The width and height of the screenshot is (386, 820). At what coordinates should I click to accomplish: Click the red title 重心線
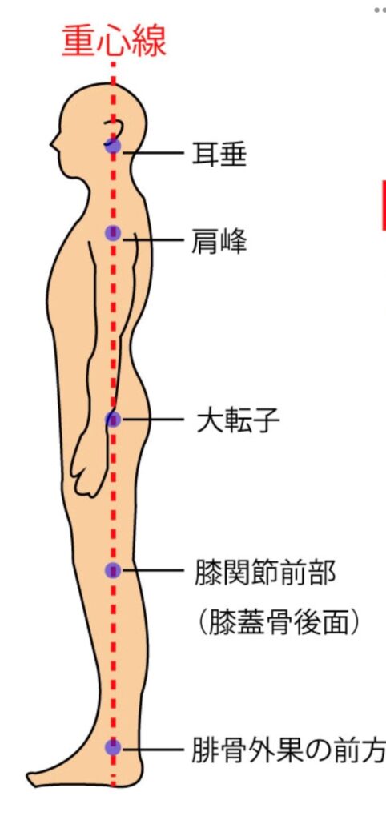[x=114, y=42]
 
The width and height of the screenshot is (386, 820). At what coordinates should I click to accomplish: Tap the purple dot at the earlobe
[x=113, y=146]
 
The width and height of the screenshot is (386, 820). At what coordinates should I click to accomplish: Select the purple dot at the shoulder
[x=113, y=233]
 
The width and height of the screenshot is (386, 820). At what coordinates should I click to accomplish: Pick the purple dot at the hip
[x=113, y=419]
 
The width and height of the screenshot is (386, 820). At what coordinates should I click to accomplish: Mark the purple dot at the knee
[x=113, y=570]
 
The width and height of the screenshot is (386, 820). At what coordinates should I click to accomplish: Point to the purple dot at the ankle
[x=113, y=747]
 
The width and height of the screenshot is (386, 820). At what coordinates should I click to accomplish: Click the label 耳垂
[x=219, y=154]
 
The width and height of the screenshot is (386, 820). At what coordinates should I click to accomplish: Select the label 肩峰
[x=219, y=242]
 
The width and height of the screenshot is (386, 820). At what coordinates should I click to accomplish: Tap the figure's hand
[x=90, y=465]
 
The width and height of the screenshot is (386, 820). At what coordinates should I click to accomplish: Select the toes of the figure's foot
[x=34, y=778]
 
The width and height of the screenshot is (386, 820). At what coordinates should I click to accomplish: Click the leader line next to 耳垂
[x=153, y=153]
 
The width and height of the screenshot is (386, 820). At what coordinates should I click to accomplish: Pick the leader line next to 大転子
[x=153, y=420]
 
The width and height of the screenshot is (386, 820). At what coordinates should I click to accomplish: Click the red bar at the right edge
[x=384, y=205]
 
